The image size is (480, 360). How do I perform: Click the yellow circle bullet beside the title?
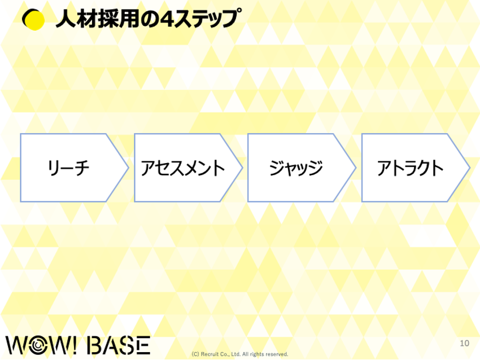33,20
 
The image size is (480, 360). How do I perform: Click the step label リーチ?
68,168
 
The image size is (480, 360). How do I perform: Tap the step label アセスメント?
183,168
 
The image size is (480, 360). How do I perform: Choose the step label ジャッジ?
296,168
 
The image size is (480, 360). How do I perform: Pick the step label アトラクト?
410,168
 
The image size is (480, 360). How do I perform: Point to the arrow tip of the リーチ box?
129,168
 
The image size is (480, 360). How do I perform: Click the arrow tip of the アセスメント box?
242,168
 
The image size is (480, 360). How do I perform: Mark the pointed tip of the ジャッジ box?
356,168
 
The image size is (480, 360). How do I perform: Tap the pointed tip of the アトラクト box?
470,168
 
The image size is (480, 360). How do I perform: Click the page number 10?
464,343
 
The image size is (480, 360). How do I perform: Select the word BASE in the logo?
119,345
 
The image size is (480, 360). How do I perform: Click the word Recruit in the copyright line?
210,354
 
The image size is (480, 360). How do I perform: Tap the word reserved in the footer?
277,354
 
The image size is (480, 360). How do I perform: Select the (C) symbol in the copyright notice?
195,354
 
